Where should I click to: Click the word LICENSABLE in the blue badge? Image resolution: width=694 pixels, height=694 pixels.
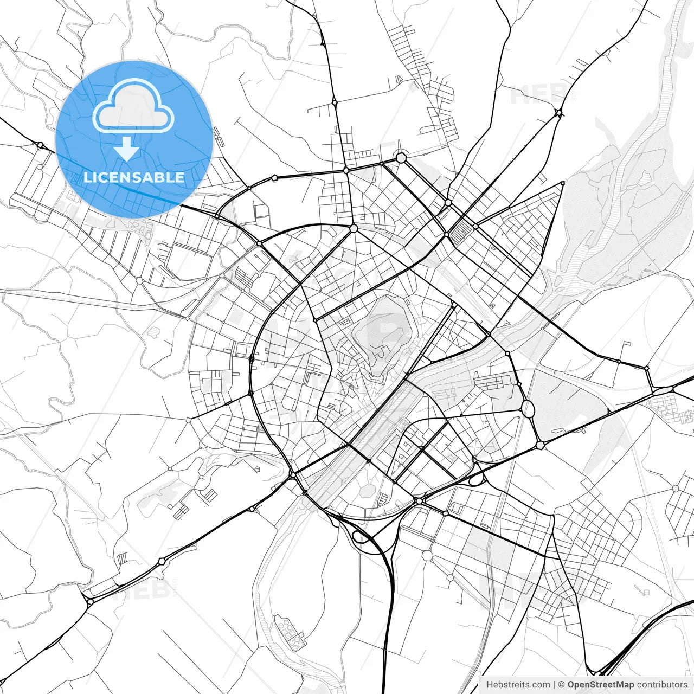coord(134,177)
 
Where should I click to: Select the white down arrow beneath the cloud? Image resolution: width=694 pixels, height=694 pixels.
coord(127,149)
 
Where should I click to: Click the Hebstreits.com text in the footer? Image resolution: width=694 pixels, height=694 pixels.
coord(518,685)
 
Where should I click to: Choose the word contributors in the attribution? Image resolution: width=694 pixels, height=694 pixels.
coord(662,685)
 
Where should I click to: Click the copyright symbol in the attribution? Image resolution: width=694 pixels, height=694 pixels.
coord(562,685)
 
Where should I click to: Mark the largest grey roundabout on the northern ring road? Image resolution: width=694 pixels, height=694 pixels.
coord(401,158)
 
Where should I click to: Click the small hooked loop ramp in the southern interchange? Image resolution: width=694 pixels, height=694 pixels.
coord(359,537)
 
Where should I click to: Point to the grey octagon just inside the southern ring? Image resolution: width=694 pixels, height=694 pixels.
coord(368,490)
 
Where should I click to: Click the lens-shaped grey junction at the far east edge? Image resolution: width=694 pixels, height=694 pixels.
coord(663,390)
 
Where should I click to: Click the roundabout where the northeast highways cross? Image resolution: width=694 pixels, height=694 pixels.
coord(558,113)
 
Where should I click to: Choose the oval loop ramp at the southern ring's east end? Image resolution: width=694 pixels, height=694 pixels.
coord(477,479)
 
